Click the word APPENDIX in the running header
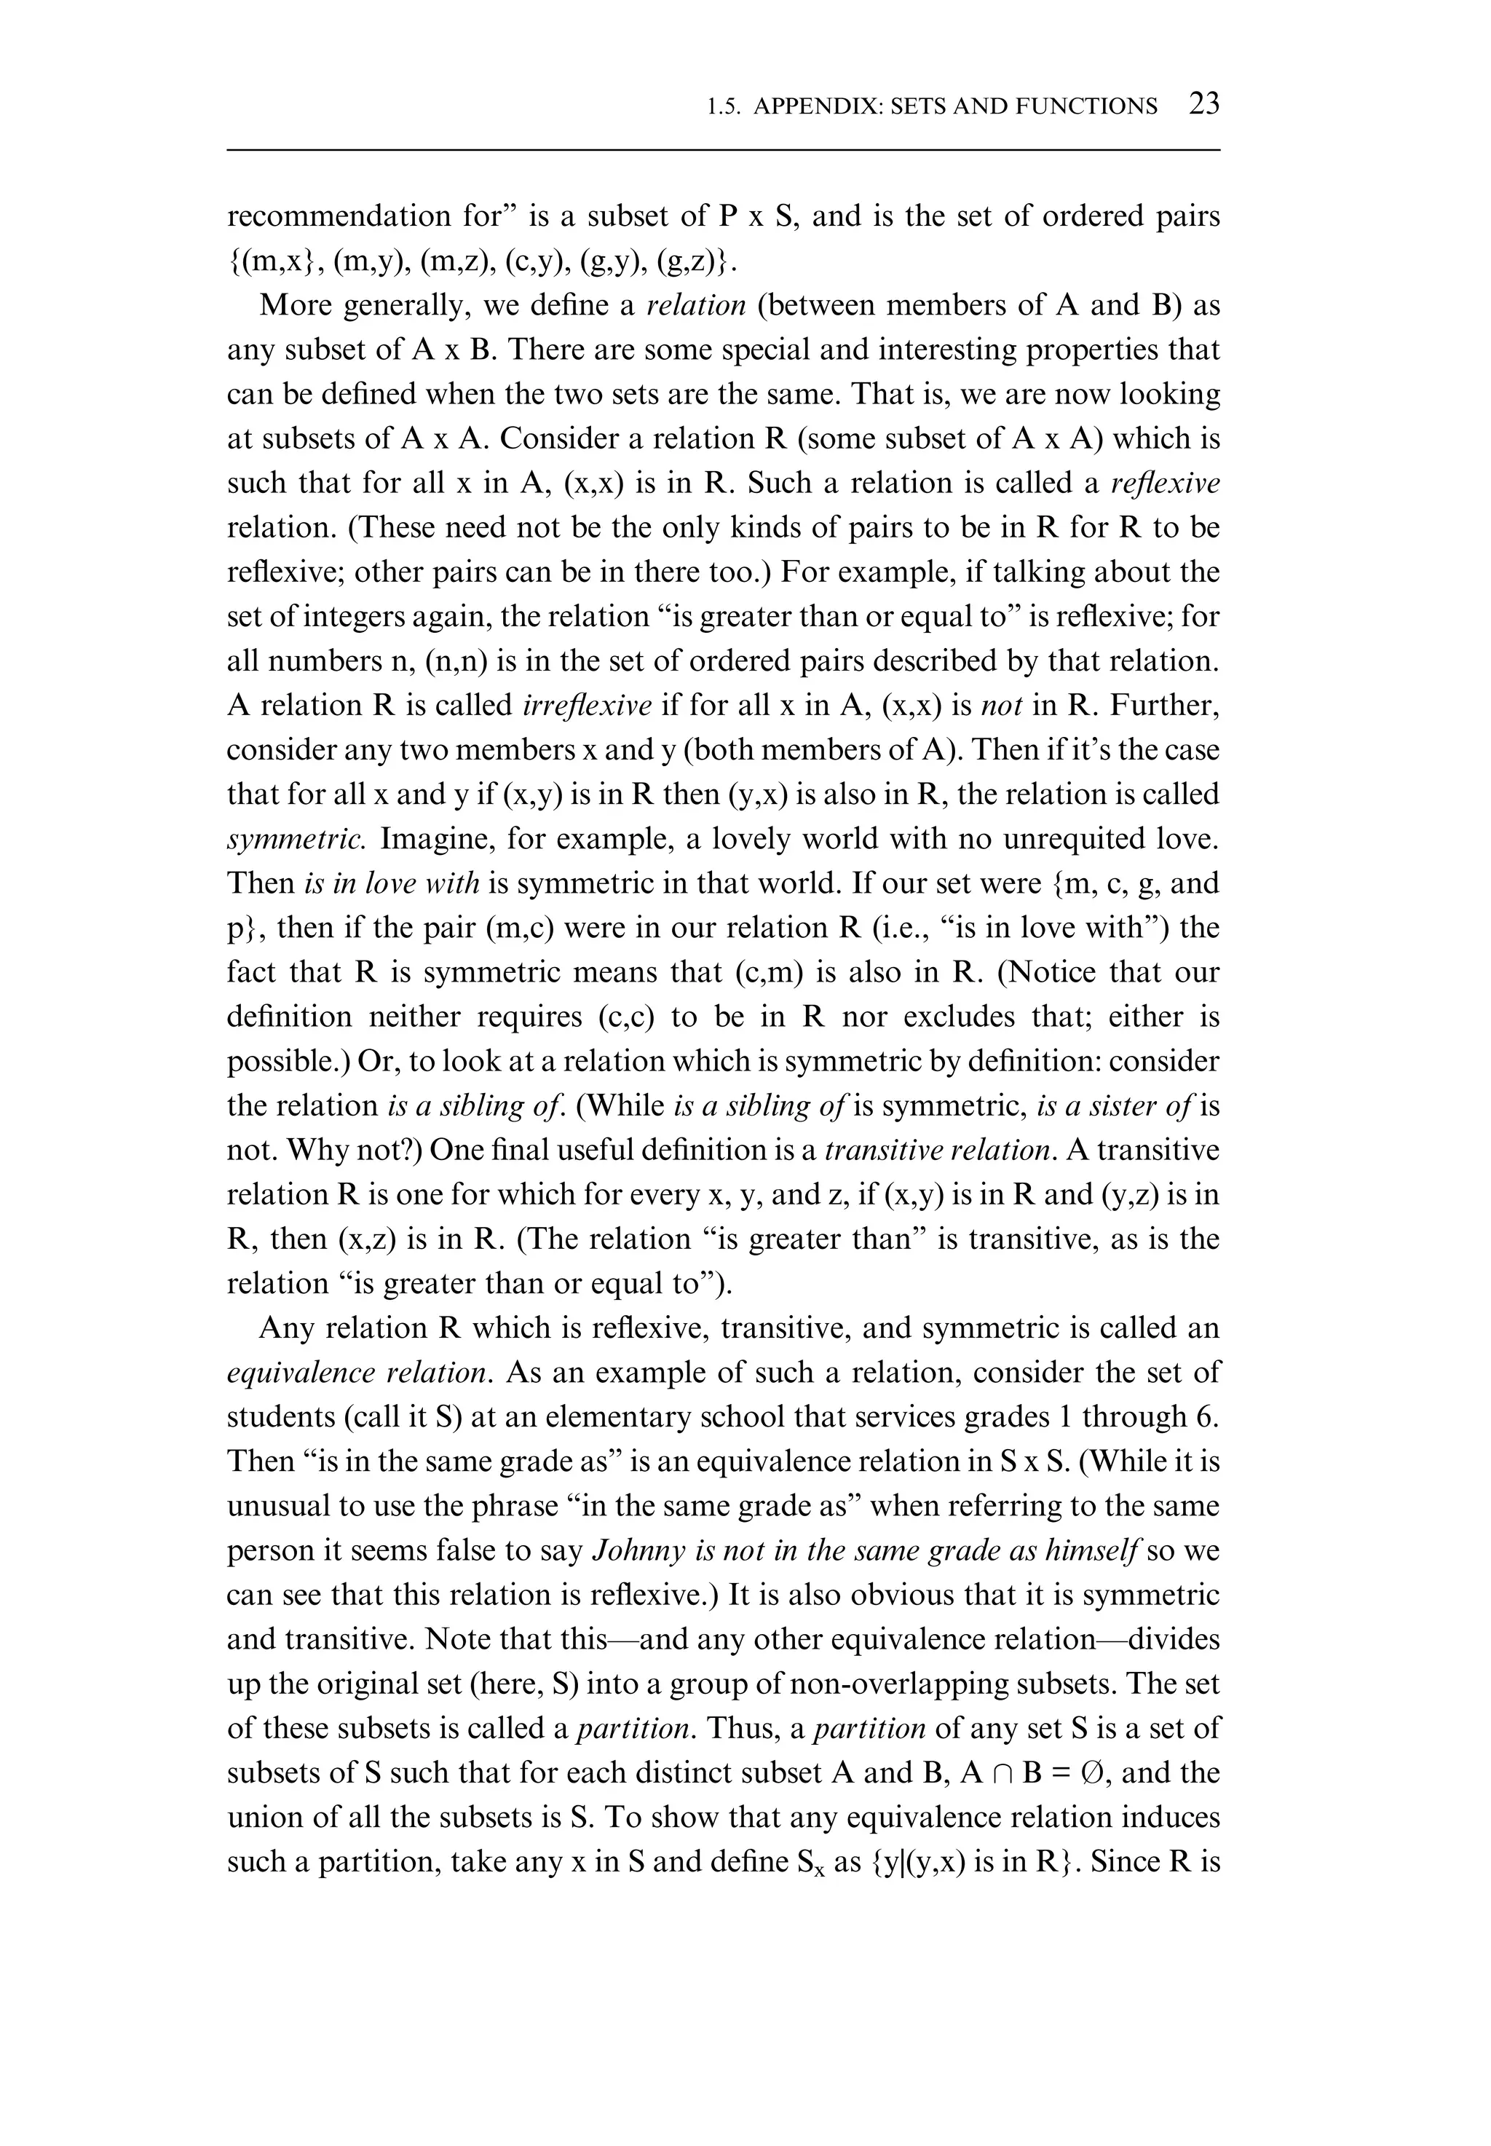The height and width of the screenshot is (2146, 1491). [x=815, y=106]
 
